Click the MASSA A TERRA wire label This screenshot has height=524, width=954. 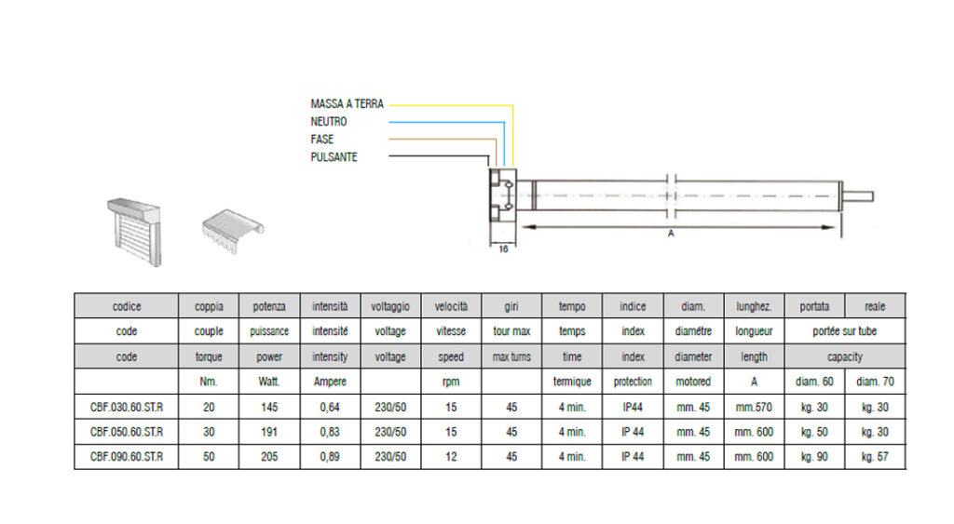click(347, 104)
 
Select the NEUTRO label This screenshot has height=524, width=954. click(329, 122)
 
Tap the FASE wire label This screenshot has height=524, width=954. click(321, 140)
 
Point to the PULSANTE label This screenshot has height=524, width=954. click(334, 157)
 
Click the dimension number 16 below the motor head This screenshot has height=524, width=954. click(503, 249)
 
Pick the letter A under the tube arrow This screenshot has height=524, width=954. click(671, 234)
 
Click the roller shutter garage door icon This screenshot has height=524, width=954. click(134, 232)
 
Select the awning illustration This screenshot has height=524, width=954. click(233, 231)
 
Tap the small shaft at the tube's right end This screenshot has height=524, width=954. click(858, 196)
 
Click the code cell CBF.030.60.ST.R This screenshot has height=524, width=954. click(127, 408)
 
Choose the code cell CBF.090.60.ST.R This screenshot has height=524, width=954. click(127, 457)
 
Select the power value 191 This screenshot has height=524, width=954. click(269, 432)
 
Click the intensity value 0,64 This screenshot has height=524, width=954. click(330, 408)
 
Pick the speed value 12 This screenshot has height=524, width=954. click(451, 457)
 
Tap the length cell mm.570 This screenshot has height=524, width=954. click(754, 408)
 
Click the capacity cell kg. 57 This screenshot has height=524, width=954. click(875, 457)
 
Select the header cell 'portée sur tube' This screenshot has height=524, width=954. click(844, 331)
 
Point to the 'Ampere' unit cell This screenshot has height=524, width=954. click(330, 382)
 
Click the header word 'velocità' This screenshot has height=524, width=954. click(451, 306)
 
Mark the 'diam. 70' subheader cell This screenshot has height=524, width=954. click(875, 382)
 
